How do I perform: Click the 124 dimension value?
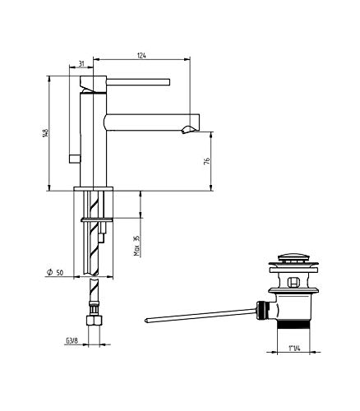[x=141, y=56]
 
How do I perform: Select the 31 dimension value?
[x=81, y=64]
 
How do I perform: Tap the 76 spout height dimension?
[x=207, y=161]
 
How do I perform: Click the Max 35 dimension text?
[x=136, y=246]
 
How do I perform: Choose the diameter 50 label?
[x=55, y=272]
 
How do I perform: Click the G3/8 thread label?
[x=72, y=341]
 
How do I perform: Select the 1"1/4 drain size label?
[x=294, y=349]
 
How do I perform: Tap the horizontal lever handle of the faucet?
[x=138, y=82]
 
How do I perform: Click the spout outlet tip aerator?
[x=188, y=129]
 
